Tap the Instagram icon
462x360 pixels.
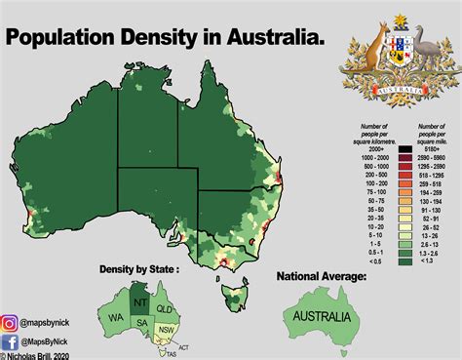pyautogui.click(x=12, y=320)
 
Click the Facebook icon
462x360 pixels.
pyautogui.click(x=12, y=342)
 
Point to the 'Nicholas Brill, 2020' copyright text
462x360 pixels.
pyautogui.click(x=42, y=356)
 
